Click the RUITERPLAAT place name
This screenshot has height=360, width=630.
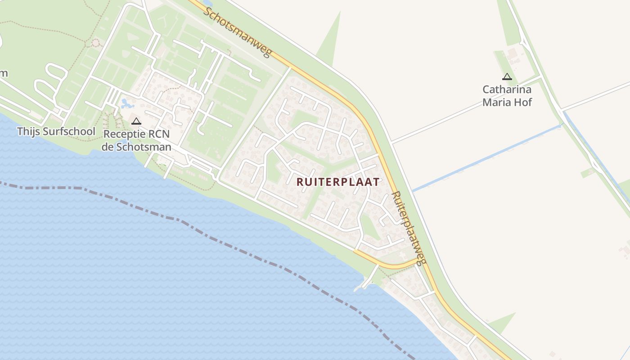click(338, 182)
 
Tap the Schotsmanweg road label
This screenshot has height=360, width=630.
click(237, 32)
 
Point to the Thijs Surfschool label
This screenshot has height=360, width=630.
click(56, 131)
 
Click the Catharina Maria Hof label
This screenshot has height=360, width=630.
click(507, 96)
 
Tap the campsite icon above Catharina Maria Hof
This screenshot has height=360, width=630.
click(507, 77)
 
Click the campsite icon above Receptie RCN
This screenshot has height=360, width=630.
click(136, 121)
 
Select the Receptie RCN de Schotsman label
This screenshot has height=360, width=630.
click(136, 140)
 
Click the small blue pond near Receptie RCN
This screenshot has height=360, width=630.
click(126, 104)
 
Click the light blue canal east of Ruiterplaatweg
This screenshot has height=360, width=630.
click(486, 158)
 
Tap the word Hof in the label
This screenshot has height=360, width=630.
click(523, 102)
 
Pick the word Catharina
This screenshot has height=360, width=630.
click(507, 89)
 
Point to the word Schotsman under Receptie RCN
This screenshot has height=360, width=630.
click(145, 147)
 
